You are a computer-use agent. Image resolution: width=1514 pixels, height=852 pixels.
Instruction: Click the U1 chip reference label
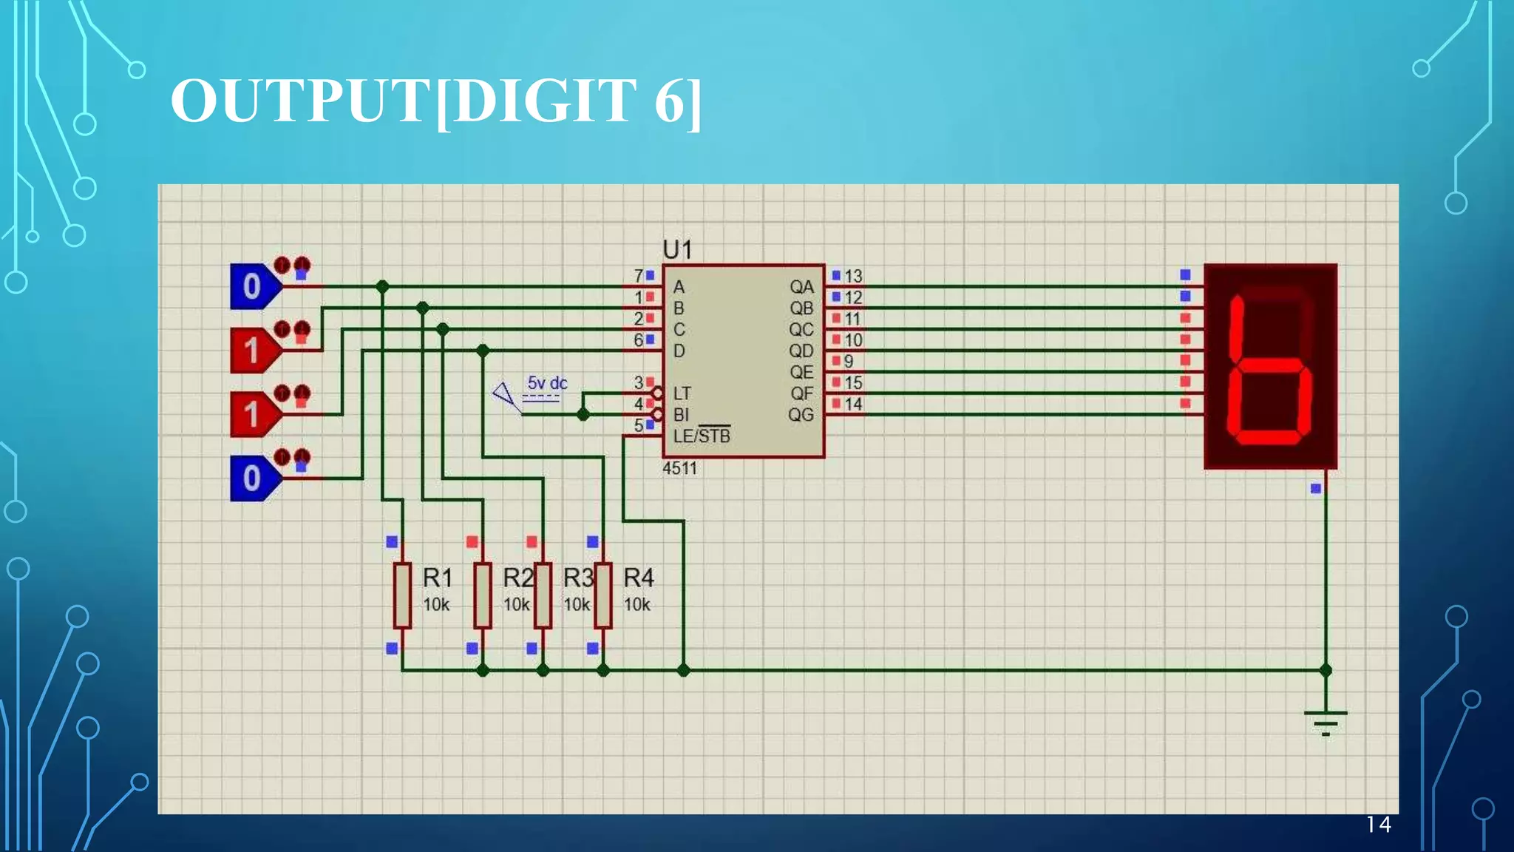click(677, 250)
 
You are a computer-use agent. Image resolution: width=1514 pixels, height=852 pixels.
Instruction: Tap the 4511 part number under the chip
click(679, 468)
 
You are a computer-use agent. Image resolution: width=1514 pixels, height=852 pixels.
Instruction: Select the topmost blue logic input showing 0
click(254, 286)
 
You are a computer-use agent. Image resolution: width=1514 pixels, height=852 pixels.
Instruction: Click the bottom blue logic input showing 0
click(254, 478)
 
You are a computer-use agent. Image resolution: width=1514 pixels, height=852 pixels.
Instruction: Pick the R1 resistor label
click(437, 577)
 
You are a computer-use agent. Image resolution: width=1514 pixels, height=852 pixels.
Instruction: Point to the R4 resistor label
click(638, 577)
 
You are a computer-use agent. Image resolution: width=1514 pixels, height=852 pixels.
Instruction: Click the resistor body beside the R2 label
click(483, 596)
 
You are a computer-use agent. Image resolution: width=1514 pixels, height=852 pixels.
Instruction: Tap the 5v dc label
click(547, 383)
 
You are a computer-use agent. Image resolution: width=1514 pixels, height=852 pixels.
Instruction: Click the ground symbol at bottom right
click(1325, 721)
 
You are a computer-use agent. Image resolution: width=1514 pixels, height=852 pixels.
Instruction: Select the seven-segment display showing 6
click(1270, 366)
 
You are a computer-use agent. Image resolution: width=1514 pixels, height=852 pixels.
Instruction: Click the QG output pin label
click(801, 415)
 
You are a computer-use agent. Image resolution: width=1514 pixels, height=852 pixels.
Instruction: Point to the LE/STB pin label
click(701, 436)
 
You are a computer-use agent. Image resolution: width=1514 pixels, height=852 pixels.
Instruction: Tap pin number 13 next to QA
click(853, 276)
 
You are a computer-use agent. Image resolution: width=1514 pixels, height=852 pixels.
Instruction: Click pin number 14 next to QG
click(853, 405)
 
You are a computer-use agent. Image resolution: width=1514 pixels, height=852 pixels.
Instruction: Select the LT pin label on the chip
click(682, 393)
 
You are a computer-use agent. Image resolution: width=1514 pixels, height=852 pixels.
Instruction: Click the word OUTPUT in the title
click(300, 101)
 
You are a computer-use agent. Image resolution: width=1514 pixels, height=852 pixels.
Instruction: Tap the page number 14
click(1378, 825)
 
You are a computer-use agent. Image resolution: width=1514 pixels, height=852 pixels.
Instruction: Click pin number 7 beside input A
click(639, 276)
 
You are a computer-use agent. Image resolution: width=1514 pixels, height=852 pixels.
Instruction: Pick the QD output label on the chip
click(801, 351)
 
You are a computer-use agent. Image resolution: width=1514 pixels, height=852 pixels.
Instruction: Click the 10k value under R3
click(577, 605)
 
